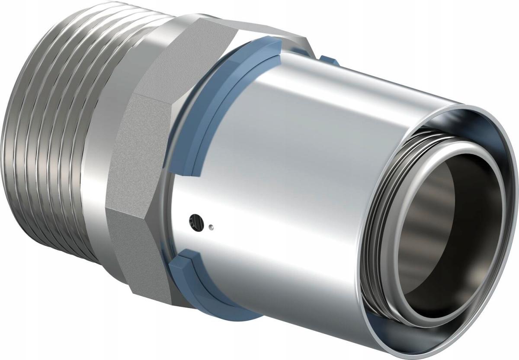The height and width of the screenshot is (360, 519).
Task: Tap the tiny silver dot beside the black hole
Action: tap(211, 226)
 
